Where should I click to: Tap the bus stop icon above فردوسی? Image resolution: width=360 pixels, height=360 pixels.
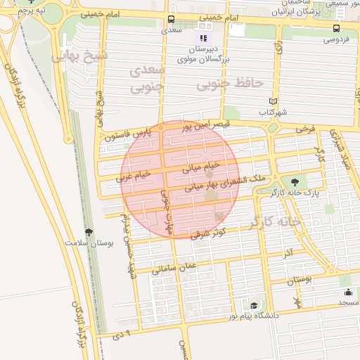tap(336, 29)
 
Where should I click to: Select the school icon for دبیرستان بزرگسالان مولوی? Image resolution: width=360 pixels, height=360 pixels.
tap(204, 38)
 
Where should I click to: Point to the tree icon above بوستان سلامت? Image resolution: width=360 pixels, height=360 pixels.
tap(89, 232)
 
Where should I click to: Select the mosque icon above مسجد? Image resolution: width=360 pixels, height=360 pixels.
tap(346, 292)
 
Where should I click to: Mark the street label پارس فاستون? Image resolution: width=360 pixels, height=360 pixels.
tap(127, 136)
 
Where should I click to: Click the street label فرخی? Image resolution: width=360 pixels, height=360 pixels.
tap(305, 129)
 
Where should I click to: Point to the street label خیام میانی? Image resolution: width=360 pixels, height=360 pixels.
tap(201, 166)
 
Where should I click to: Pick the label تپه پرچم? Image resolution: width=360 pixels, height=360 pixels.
tap(31, 12)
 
